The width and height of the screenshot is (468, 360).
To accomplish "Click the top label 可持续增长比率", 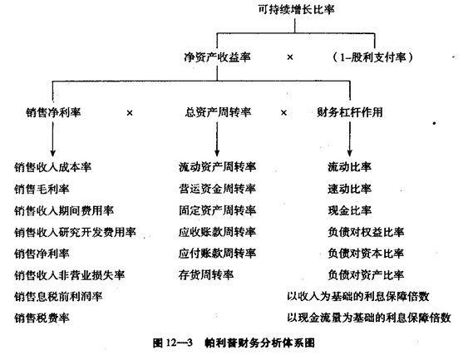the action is click(296, 10).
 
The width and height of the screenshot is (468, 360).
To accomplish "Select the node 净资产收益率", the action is click(217, 57).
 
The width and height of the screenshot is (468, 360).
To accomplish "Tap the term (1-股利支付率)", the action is click(372, 57).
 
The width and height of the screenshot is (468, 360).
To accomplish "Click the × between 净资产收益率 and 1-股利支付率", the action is click(290, 57).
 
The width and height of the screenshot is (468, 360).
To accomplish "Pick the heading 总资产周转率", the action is click(218, 112).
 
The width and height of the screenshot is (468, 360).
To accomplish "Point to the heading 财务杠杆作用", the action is click(350, 112).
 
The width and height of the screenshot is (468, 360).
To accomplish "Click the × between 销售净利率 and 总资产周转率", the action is click(130, 113).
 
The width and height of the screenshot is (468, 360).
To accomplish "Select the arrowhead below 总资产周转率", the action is click(217, 152).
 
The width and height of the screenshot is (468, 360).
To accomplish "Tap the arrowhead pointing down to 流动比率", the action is click(350, 152).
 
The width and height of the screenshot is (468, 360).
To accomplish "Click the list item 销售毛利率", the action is click(42, 189).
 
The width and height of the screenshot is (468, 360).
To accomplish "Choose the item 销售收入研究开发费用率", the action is click(75, 232).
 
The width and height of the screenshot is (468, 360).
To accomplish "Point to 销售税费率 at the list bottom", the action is click(42, 318).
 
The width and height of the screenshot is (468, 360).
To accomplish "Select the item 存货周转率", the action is click(206, 275).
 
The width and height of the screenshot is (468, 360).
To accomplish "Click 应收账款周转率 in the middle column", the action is click(217, 232).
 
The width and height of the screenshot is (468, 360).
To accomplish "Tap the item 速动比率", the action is click(350, 189).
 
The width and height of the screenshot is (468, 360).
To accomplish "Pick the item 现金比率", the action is click(350, 210).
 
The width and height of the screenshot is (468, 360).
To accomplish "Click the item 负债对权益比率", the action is click(366, 232).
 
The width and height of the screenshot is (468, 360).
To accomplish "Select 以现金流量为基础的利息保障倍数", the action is click(369, 318).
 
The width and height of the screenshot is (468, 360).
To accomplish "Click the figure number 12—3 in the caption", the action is click(179, 343).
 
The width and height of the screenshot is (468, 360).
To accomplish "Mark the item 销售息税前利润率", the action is click(58, 297).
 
